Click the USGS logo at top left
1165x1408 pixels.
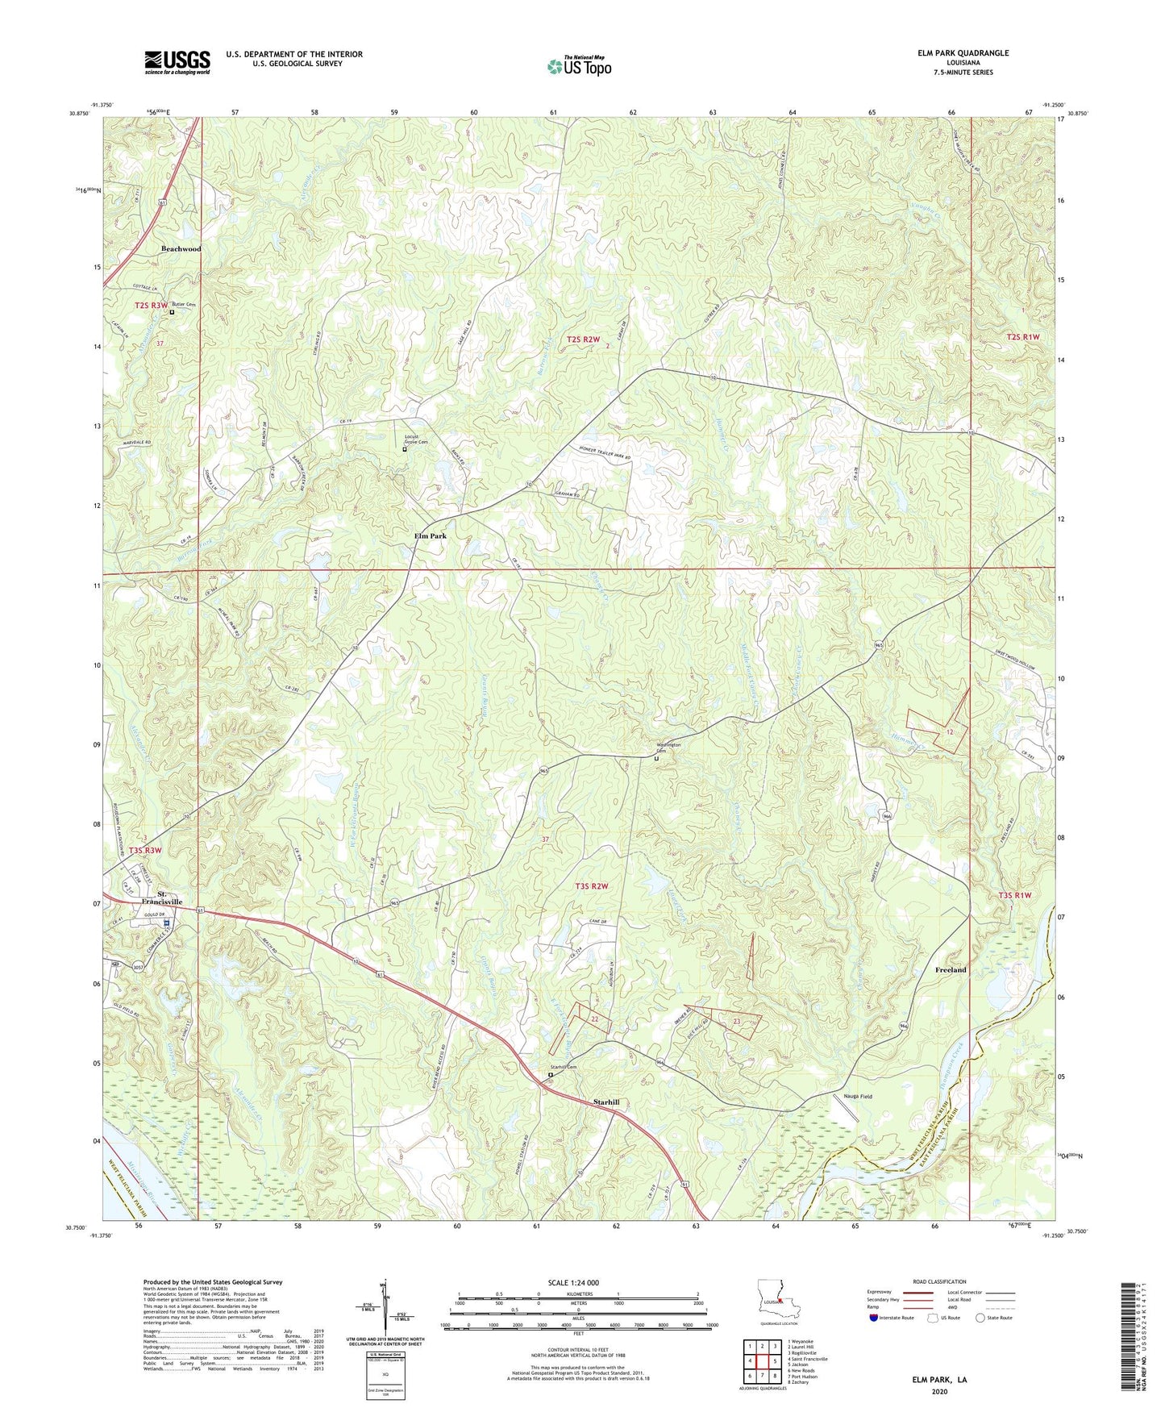click(177, 62)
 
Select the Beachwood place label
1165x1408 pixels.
click(181, 249)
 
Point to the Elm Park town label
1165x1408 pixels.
click(430, 535)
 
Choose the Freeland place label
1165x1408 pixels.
click(951, 969)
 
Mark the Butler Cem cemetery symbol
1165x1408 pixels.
click(172, 311)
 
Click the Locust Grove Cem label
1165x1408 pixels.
click(416, 440)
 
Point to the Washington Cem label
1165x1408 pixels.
click(667, 748)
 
